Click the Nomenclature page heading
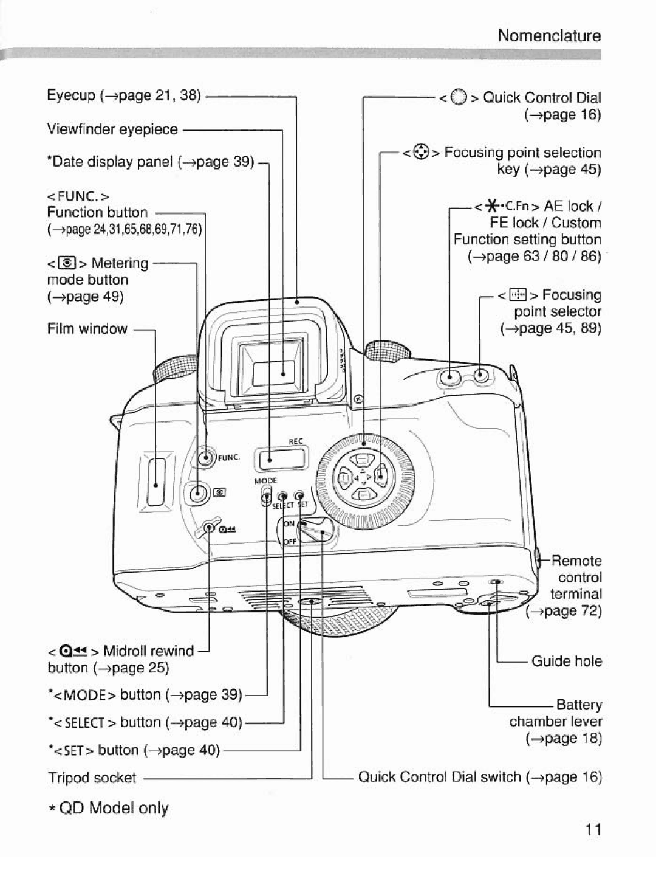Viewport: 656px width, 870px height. [549, 36]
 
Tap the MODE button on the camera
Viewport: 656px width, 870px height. [267, 497]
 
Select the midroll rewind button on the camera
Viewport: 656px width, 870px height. [210, 528]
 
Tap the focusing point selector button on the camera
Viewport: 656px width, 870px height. [480, 375]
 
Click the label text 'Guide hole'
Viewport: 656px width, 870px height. [567, 661]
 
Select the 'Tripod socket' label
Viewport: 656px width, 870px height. [92, 778]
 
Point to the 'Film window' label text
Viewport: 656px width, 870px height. [87, 329]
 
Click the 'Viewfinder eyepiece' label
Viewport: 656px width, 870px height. [112, 129]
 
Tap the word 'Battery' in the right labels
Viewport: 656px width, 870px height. [579, 705]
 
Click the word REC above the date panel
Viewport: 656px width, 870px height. [295, 441]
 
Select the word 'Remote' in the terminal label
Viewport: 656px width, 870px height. [576, 561]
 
